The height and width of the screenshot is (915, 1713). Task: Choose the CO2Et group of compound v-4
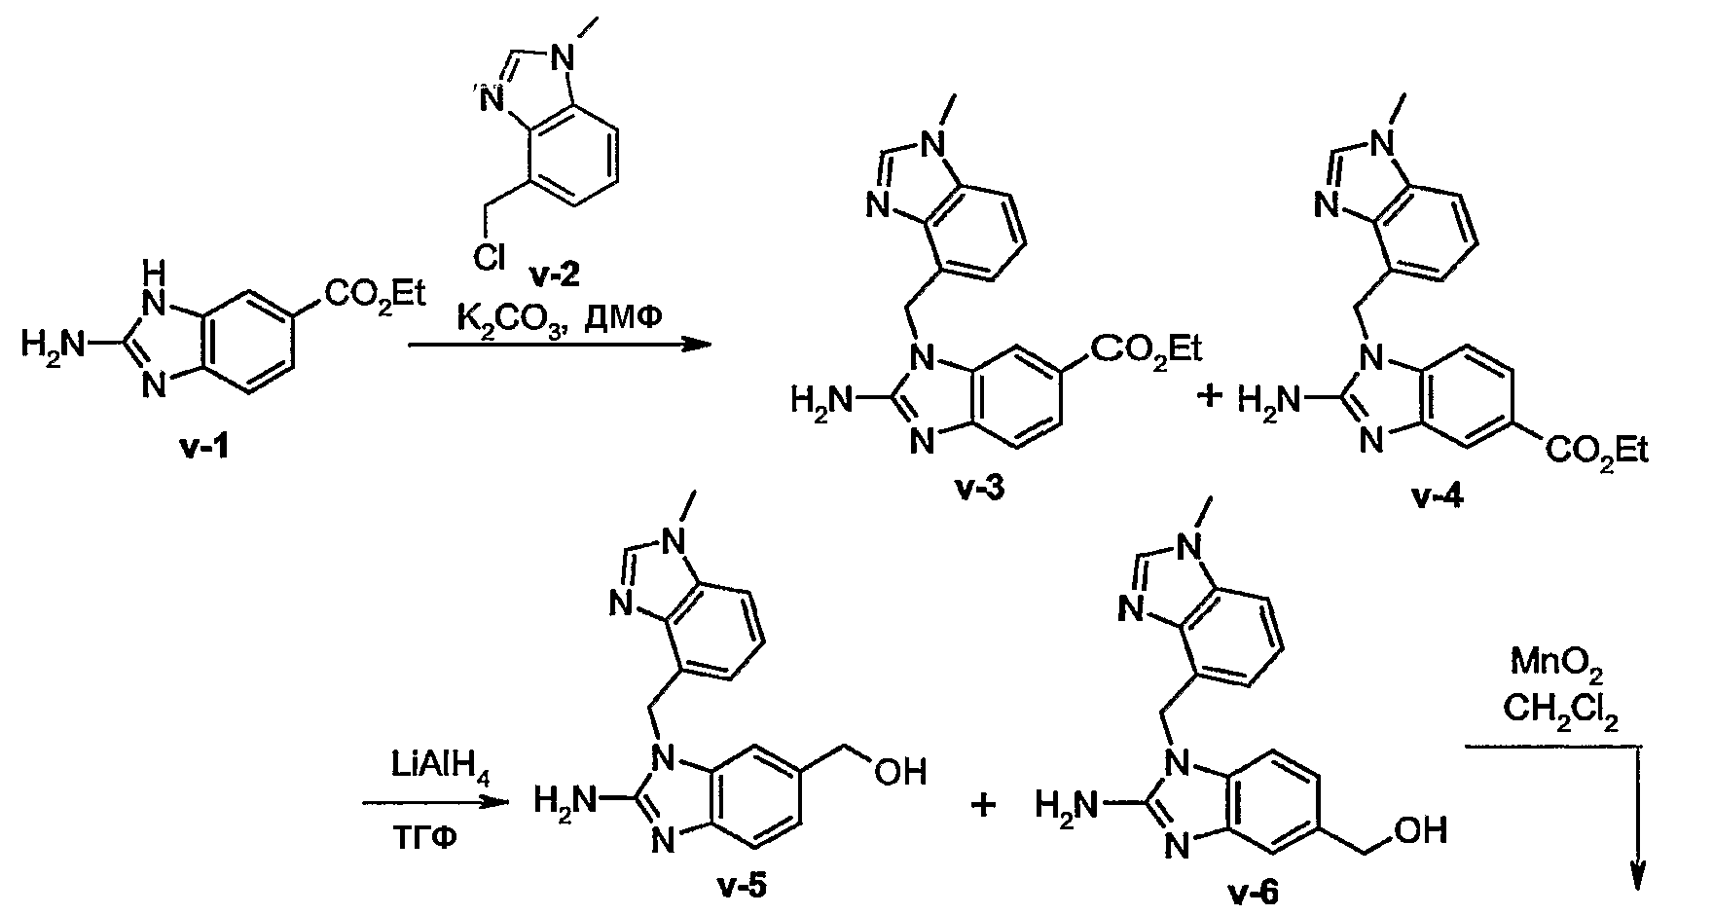point(1596,452)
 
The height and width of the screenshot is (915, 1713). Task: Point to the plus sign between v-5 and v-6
point(985,805)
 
